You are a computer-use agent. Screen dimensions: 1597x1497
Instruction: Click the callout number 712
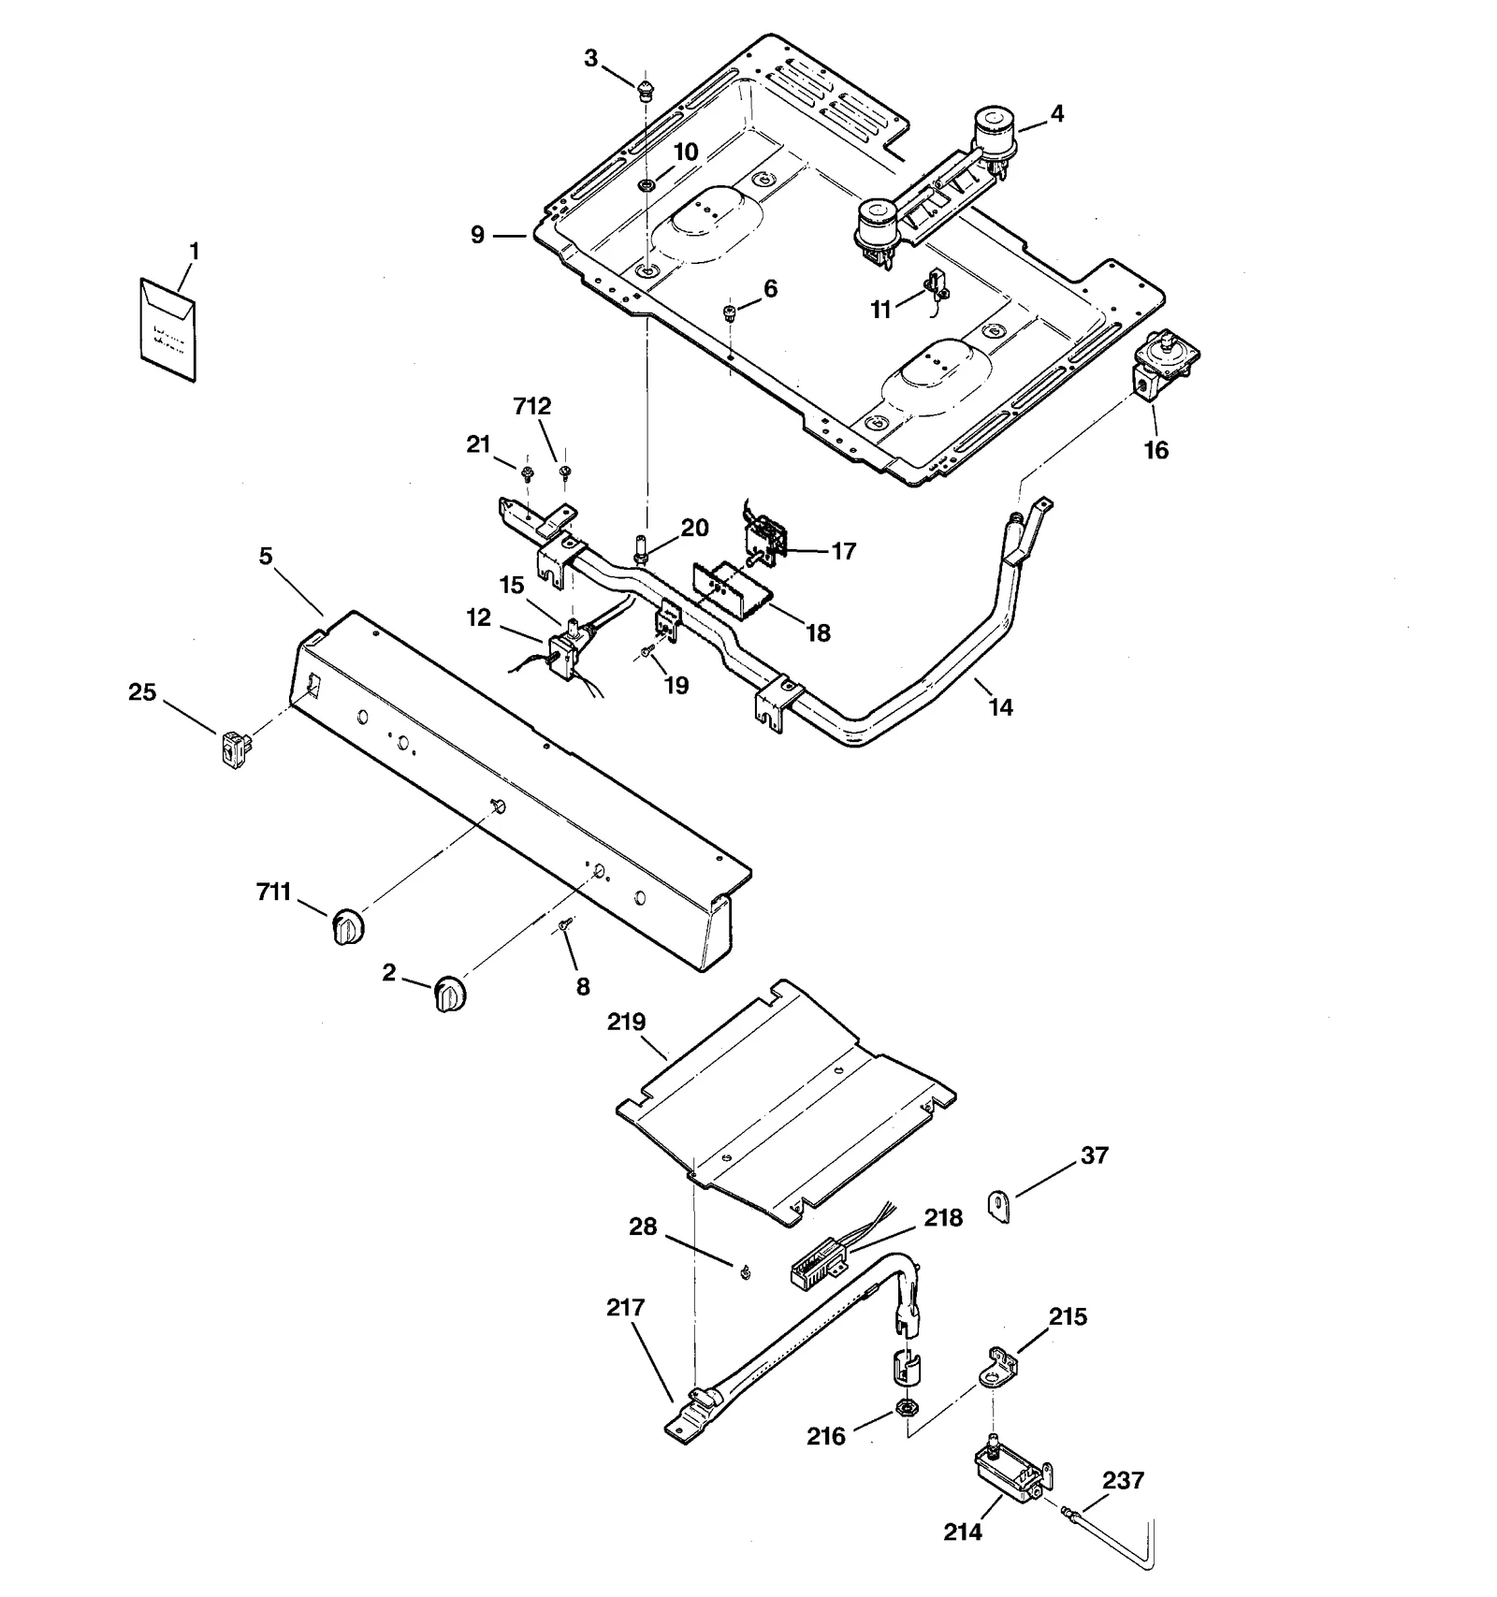[532, 406]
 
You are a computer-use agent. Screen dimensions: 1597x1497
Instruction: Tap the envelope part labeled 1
[168, 329]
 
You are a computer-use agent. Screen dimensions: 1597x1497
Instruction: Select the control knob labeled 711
[347, 926]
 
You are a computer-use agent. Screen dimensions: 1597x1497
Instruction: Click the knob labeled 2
[449, 994]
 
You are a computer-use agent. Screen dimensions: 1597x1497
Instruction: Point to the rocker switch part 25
[236, 749]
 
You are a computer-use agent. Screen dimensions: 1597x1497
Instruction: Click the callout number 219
[626, 1022]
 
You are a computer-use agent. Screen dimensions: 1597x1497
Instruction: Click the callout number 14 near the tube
[1000, 707]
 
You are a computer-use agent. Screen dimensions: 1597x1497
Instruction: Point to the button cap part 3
[645, 91]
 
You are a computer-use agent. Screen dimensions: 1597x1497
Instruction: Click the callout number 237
[1123, 1481]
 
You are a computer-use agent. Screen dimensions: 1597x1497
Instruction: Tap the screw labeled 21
[527, 472]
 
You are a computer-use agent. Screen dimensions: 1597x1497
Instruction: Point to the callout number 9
[478, 235]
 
